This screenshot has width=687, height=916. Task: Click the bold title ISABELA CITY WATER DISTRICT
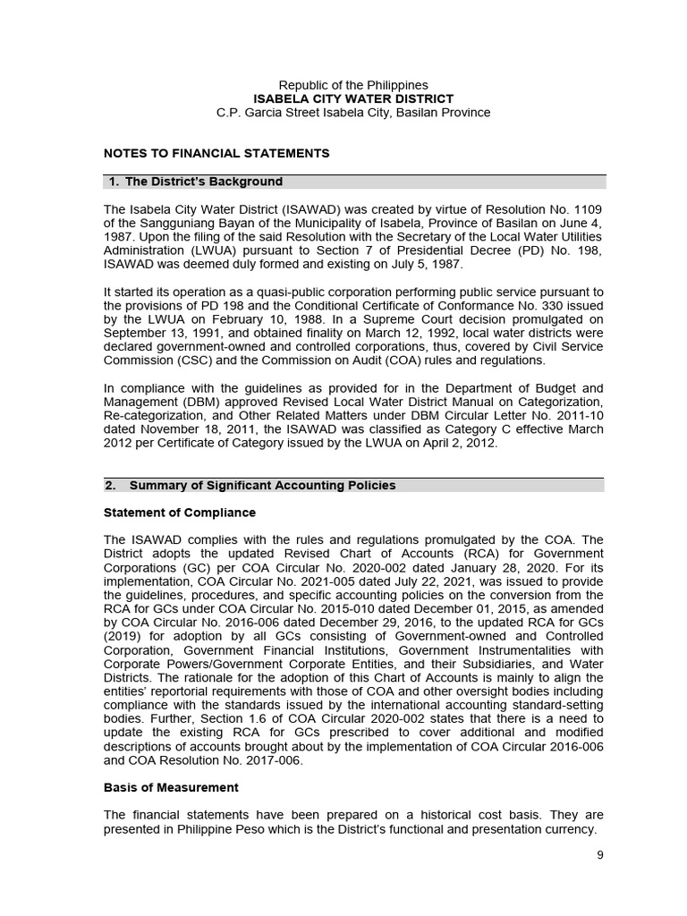pyautogui.click(x=353, y=98)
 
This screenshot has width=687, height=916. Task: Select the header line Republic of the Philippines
pyautogui.click(x=353, y=85)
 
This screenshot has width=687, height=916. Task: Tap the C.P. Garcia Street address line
pyautogui.click(x=353, y=113)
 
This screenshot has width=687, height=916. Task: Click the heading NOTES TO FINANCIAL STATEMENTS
pyautogui.click(x=216, y=153)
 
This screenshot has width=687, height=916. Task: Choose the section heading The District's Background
pyautogui.click(x=203, y=182)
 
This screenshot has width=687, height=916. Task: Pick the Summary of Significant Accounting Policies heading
pyautogui.click(x=262, y=486)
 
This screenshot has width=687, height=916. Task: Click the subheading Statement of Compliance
pyautogui.click(x=180, y=513)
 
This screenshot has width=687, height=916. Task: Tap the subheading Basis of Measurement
pyautogui.click(x=172, y=787)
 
